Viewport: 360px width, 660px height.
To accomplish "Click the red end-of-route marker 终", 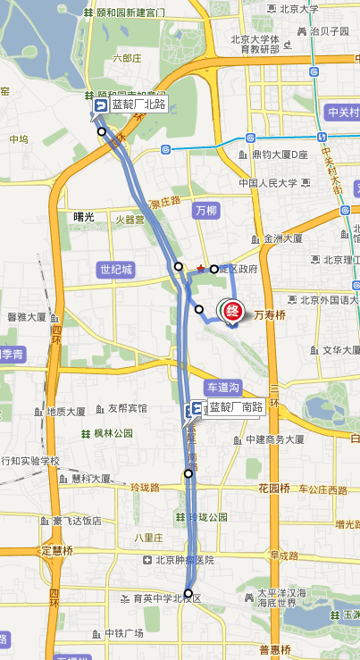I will click(231, 312).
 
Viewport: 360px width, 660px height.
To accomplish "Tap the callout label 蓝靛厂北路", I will click(138, 104).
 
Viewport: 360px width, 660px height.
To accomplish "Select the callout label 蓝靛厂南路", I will click(235, 407).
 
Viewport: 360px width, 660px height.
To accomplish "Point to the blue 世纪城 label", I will click(116, 269).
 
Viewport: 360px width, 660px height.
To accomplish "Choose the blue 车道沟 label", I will click(222, 388).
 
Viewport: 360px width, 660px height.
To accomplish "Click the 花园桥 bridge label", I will click(274, 489).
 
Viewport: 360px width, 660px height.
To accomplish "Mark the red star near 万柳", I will click(201, 268).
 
